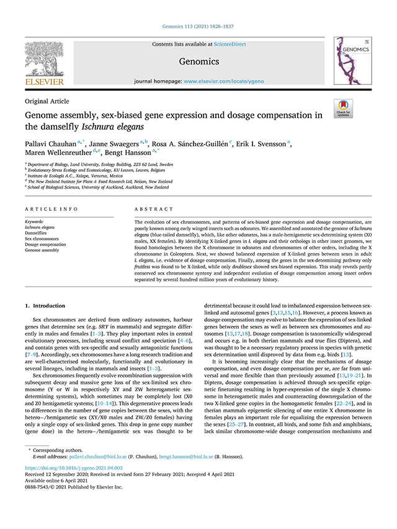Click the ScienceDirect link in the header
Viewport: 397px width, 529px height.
tap(229, 45)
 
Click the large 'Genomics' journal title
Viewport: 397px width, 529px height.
tap(198, 61)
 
